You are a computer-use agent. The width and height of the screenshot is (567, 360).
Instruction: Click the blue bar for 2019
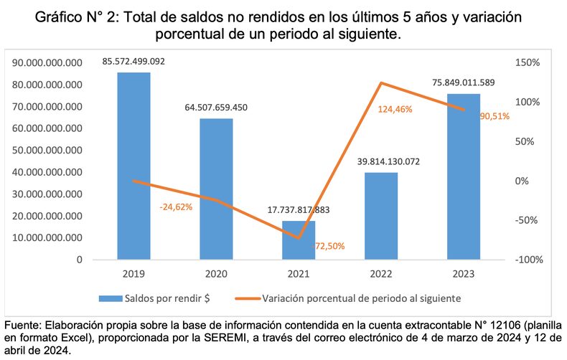133,166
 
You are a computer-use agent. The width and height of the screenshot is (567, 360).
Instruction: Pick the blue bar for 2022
381,216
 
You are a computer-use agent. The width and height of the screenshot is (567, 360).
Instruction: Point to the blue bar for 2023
464,176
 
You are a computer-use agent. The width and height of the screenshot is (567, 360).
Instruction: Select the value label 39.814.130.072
381,161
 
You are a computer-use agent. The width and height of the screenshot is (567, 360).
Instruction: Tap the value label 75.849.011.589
464,82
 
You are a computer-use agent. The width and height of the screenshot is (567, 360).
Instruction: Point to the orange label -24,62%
176,207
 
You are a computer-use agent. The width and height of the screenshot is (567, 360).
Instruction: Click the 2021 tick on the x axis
299,273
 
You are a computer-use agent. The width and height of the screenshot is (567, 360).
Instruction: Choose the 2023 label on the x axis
464,273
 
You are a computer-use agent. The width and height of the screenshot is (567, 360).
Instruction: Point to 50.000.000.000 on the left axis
48,151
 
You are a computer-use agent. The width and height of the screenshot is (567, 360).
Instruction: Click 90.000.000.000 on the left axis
48,63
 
